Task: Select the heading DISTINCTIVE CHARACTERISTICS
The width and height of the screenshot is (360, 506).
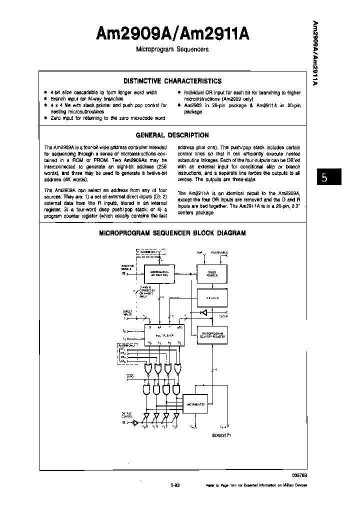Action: click(172, 81)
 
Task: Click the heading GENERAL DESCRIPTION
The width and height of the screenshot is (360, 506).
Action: click(172, 135)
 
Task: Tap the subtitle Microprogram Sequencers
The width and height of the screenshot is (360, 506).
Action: click(172, 50)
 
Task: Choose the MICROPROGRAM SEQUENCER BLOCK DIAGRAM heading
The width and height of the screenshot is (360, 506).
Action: click(172, 233)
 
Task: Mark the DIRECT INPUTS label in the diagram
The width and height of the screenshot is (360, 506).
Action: click(127, 313)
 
